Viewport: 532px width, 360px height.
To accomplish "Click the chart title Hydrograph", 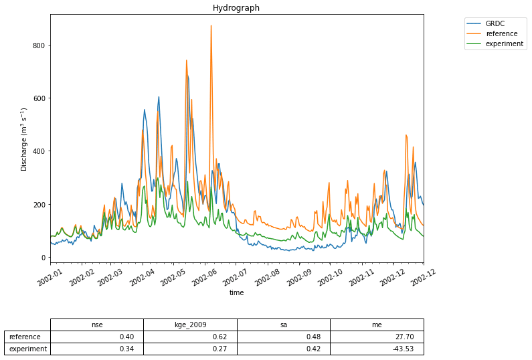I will tap(236, 8).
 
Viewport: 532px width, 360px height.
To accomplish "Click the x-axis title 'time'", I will tap(236, 292).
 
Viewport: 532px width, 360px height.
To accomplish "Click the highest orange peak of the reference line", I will tap(211, 26).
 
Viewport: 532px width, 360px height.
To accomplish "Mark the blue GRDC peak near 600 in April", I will tap(159, 97).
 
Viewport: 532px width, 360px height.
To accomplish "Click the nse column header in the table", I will tap(97, 325).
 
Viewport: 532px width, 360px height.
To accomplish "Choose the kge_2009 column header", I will tap(190, 325).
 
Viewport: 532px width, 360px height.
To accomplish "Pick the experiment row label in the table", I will tap(27, 349).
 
